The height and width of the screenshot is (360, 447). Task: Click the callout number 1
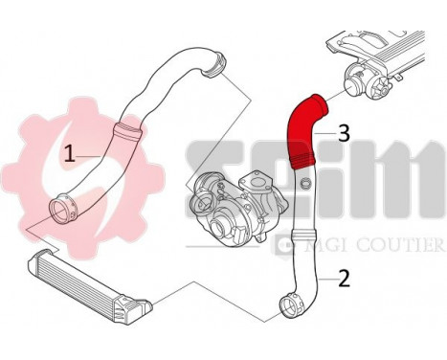70,152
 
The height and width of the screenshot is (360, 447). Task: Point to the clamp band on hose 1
125,127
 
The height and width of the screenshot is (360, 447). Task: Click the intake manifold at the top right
388,47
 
